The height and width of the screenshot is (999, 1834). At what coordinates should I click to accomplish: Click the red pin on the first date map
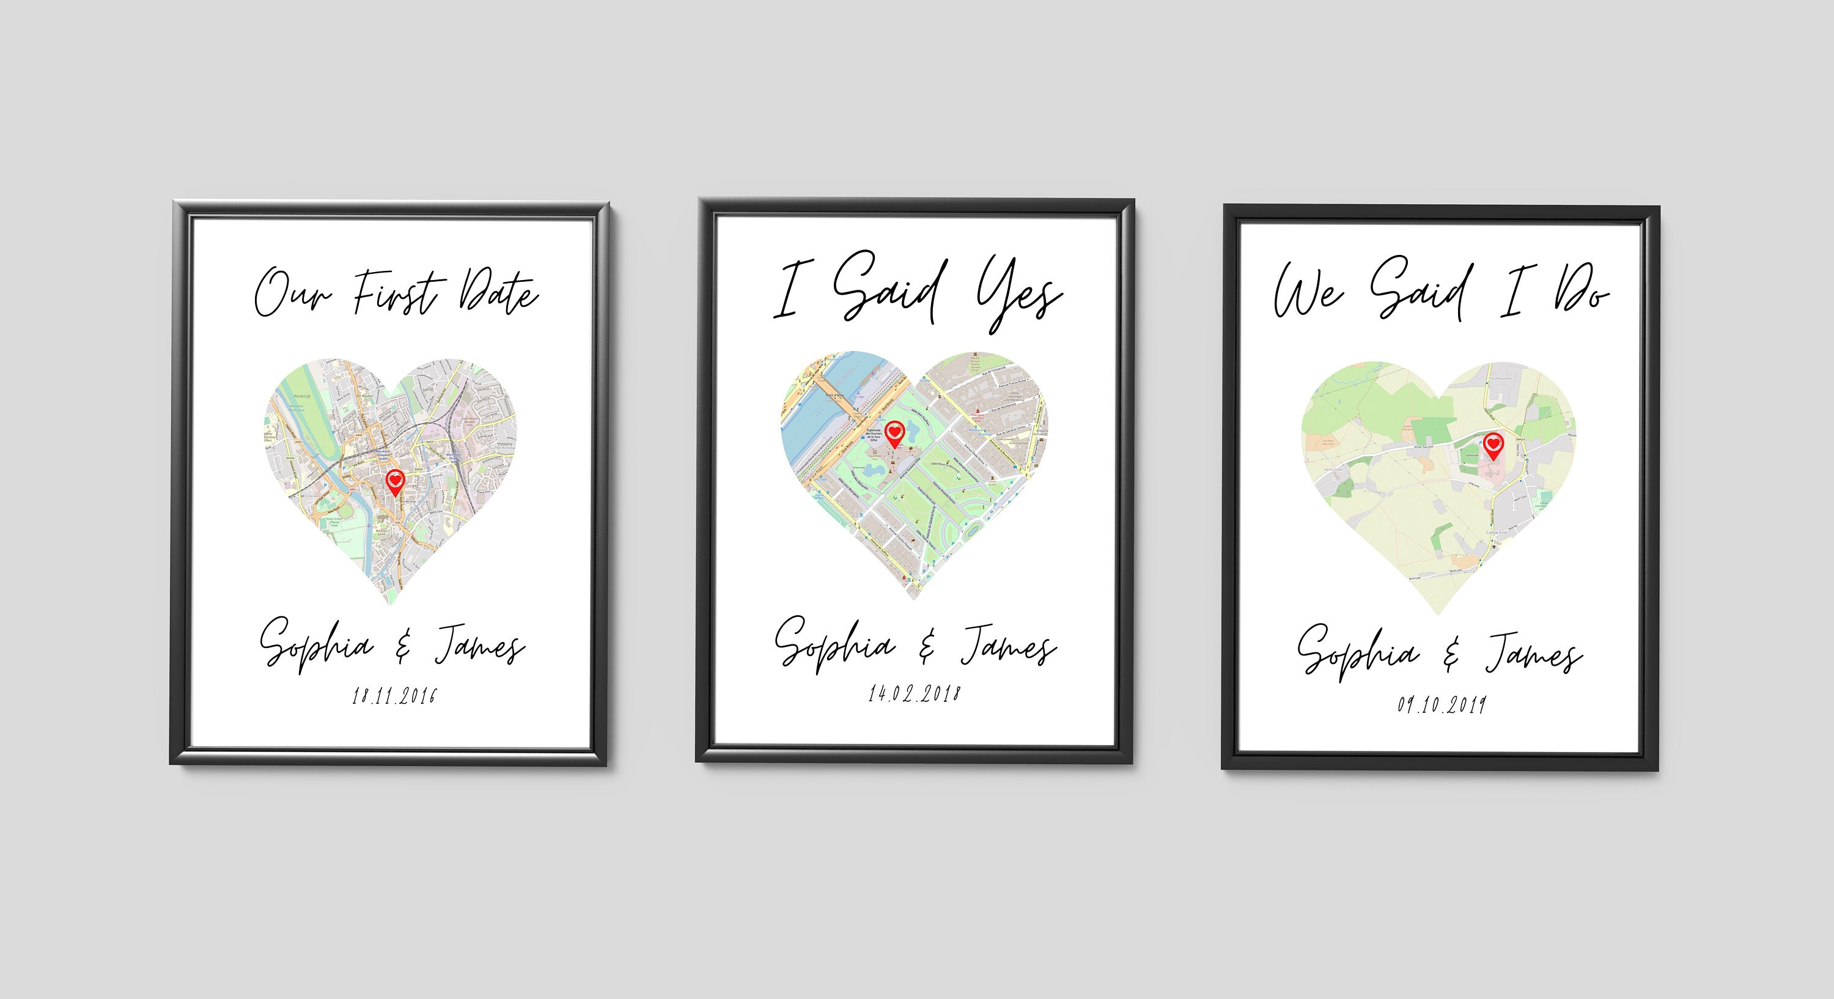(394, 481)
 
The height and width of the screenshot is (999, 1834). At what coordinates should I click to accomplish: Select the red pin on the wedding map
(1493, 445)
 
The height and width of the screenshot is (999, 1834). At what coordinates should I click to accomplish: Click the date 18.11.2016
(394, 696)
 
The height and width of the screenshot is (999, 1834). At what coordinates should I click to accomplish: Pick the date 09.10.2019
(1442, 704)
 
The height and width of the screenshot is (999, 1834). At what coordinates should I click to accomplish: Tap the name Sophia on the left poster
(315, 645)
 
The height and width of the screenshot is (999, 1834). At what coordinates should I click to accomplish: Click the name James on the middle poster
(1008, 645)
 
